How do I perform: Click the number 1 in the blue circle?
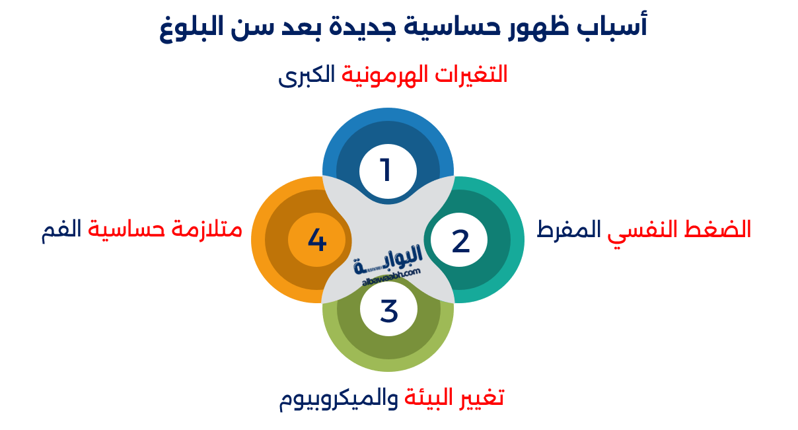pyautogui.click(x=386, y=171)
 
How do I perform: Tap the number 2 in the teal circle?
pyautogui.click(x=460, y=242)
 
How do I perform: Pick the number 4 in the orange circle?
pyautogui.click(x=317, y=240)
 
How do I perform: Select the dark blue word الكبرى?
pyautogui.click(x=307, y=75)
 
